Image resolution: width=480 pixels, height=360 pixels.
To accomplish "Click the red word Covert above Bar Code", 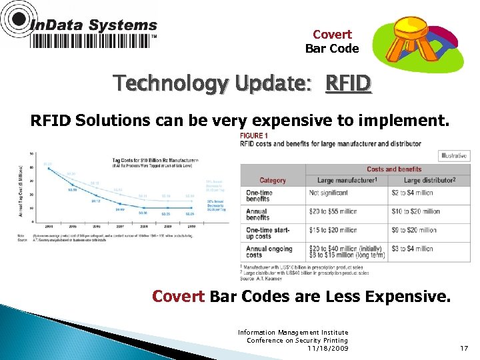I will pyautogui.click(x=331, y=35).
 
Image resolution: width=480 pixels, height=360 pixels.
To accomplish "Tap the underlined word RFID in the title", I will pyautogui.click(x=348, y=85).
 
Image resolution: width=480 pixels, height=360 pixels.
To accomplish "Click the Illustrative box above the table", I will pyautogui.click(x=453, y=156).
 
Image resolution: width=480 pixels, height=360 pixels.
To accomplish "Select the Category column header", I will pyautogui.click(x=272, y=180).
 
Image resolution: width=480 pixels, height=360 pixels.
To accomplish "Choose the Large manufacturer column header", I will pyautogui.click(x=346, y=180).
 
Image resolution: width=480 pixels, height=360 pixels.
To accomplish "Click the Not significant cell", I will pyautogui.click(x=328, y=193).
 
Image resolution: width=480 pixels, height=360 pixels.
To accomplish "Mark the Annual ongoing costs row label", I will pyautogui.click(x=266, y=252).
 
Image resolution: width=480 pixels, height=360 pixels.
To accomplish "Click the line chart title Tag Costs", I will pyautogui.click(x=131, y=159).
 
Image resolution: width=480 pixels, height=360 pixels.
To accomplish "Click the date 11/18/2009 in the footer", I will pyautogui.click(x=328, y=348).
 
